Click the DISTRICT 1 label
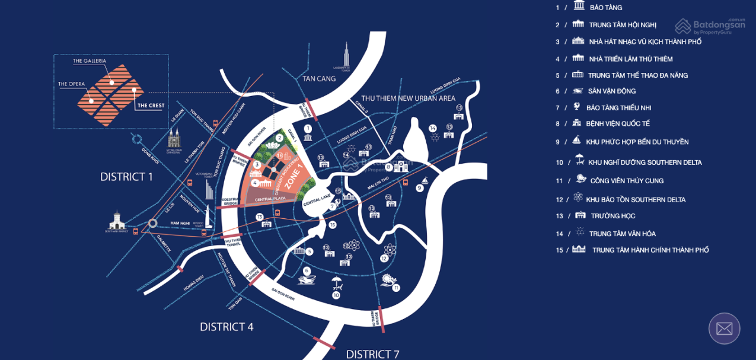126,177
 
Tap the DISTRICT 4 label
227,327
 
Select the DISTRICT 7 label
372,354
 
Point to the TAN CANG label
319,79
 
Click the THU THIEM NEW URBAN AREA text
408,98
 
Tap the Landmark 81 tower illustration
346,56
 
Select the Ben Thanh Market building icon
117,221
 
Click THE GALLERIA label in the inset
90,61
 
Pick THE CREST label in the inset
151,106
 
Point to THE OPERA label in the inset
71,84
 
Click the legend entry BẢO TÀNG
605,8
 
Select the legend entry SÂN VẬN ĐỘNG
611,91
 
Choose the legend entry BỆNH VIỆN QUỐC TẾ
618,124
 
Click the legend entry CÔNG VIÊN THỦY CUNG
627,181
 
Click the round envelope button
724,328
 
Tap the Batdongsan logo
710,26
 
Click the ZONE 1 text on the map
294,176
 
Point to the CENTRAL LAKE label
317,200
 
